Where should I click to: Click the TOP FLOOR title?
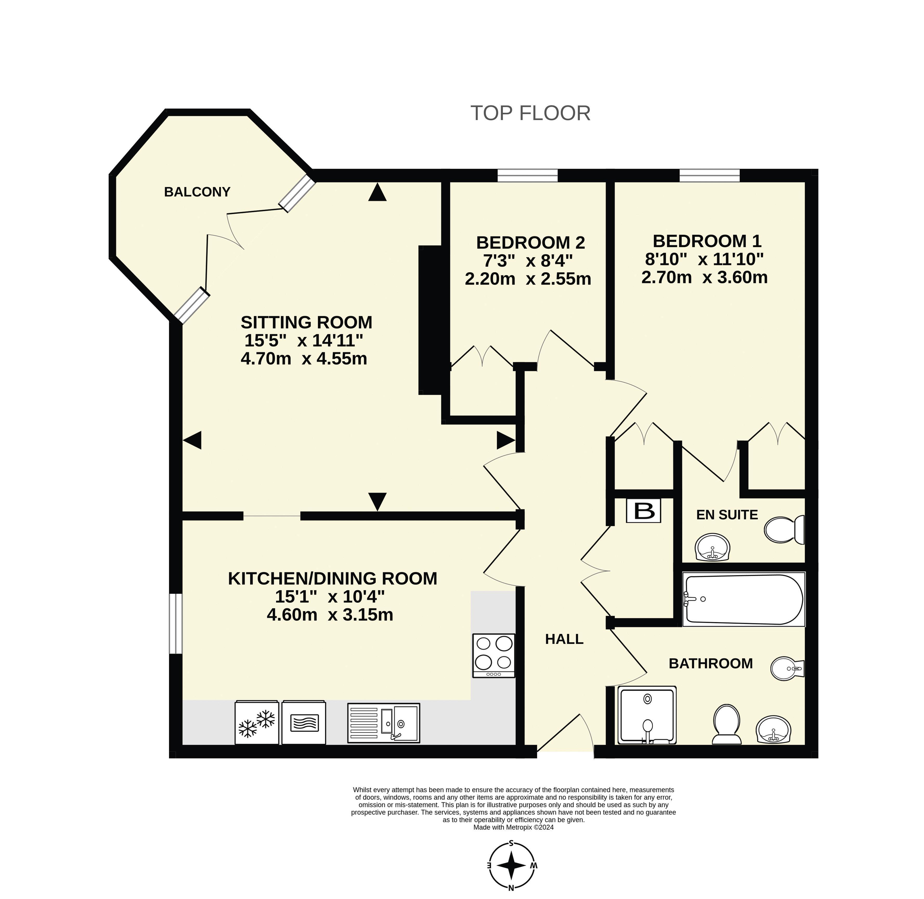point(530,113)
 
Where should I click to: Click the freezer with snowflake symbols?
point(257,722)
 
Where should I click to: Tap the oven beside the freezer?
point(304,722)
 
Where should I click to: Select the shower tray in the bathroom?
point(647,715)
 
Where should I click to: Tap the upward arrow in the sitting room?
point(377,192)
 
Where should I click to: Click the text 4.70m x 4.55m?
point(304,359)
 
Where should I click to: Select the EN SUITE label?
point(727,515)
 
